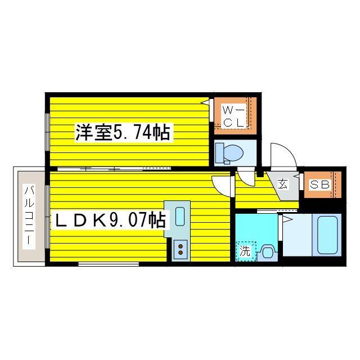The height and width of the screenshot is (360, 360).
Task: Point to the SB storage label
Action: coord(320,184)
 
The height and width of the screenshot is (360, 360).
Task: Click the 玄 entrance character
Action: coord(282,184)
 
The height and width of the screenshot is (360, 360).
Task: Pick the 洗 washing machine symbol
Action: coord(245,251)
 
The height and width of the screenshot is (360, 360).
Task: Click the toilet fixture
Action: coord(229,153)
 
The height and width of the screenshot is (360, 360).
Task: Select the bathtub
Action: coord(327,235)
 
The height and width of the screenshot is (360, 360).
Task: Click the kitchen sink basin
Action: coord(180,216)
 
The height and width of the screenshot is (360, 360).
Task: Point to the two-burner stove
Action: coord(181,249)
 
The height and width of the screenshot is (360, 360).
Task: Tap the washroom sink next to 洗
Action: coord(268,253)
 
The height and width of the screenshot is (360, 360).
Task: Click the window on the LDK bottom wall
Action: coord(109,264)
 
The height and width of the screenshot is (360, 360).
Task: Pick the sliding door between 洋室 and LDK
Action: coord(114,169)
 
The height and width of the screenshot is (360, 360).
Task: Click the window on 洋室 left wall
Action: coord(47,132)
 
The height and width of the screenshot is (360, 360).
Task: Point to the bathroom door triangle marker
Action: coord(287,219)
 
